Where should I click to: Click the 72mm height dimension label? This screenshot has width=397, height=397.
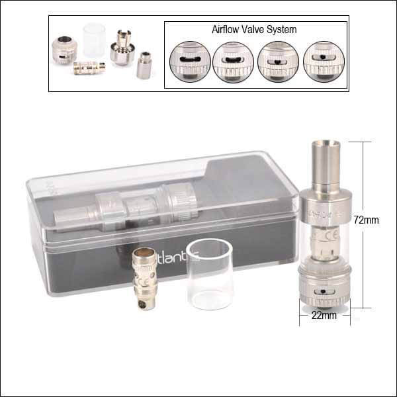click(366, 220)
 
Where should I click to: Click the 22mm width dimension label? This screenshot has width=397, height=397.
click(324, 316)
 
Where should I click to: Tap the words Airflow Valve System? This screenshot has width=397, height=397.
click(253, 30)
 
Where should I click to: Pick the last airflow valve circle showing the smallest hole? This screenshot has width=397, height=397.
click(323, 61)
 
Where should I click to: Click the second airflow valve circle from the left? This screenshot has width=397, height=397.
click(233, 61)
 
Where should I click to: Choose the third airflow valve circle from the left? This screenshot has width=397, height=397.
click(278, 61)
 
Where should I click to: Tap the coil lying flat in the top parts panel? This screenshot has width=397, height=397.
click(88, 67)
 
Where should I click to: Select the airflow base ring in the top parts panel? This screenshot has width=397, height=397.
click(65, 48)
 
